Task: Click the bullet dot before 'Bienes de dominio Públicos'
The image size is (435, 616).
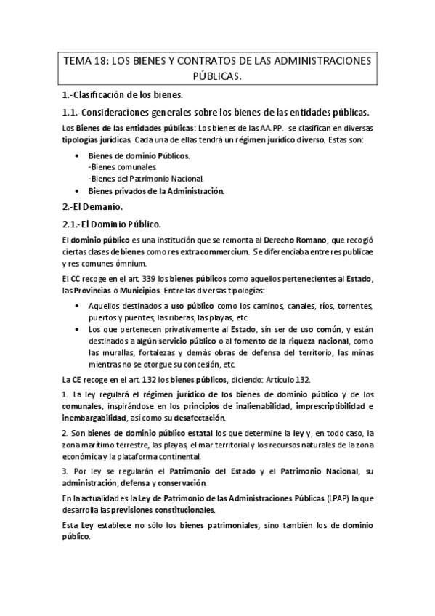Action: coord(78,156)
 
